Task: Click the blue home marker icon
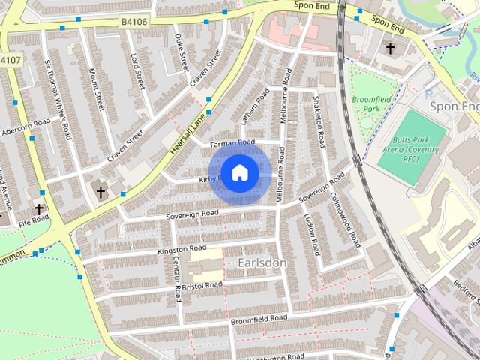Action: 239,173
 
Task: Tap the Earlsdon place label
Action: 262,262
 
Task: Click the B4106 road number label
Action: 134,22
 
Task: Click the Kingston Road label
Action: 181,247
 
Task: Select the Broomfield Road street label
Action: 259,319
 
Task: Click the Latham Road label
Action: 253,108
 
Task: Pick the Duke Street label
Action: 181,52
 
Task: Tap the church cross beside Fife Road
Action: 39,209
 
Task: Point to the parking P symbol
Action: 428,94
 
